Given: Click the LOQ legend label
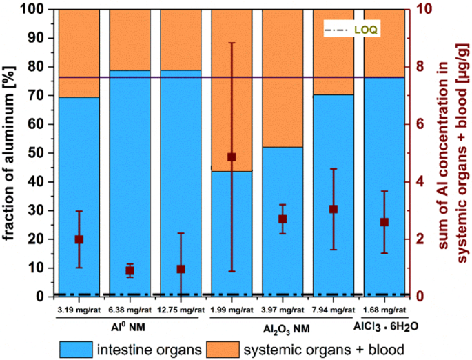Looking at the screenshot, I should [367, 30].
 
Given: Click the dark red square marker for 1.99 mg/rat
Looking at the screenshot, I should [232, 157].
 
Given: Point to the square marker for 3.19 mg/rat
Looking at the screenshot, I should [79, 239].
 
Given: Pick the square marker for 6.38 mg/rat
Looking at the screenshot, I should [130, 271].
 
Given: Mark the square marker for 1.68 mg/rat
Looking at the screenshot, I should [384, 222].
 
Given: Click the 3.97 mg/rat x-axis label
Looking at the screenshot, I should [283, 310].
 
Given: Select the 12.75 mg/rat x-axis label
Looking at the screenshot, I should [181, 310].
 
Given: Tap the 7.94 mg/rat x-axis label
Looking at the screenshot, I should [334, 310].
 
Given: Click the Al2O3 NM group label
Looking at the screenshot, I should [283, 325].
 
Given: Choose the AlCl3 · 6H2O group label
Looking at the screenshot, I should [384, 325].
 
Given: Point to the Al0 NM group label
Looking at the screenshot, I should [130, 325].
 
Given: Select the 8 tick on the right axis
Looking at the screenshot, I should [418, 67].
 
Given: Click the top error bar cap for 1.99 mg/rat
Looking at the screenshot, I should [232, 43].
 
